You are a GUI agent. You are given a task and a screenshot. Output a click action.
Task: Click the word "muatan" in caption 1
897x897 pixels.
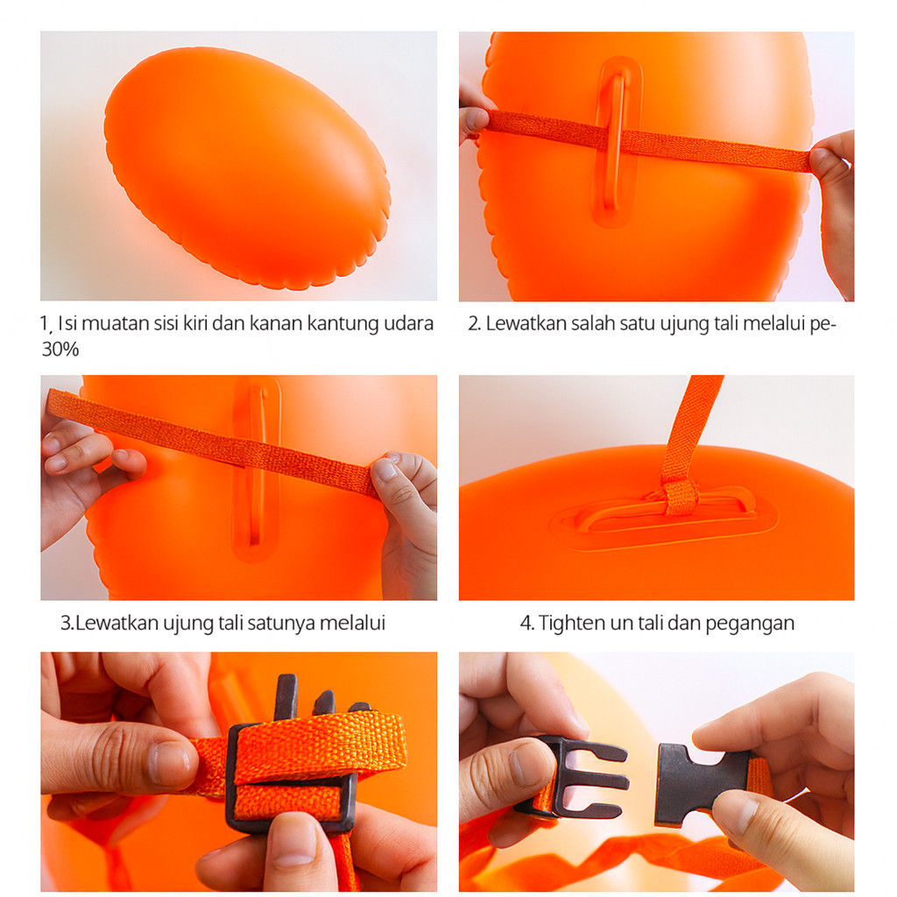click(110, 324)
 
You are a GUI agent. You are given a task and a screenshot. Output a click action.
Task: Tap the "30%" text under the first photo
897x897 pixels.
click(60, 350)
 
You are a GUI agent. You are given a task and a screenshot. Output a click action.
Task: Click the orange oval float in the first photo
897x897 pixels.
click(247, 167)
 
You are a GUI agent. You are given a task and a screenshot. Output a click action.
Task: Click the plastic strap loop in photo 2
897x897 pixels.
click(618, 143)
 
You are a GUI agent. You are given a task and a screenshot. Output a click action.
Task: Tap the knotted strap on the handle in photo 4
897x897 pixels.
click(680, 497)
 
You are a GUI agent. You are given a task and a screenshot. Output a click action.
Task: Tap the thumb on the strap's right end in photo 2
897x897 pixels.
click(829, 161)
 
